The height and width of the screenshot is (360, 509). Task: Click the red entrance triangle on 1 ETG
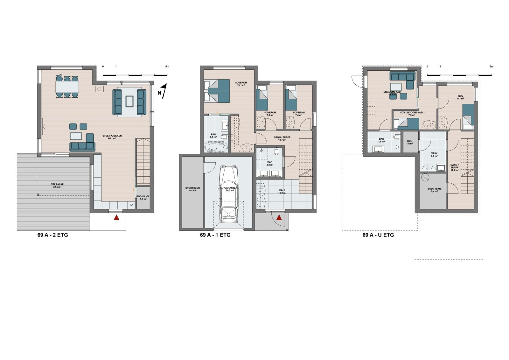[279, 218]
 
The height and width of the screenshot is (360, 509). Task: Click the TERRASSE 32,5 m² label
[57, 186]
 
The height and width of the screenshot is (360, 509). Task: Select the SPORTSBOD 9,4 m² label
[192, 189]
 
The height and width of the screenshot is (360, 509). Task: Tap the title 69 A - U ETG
[378, 235]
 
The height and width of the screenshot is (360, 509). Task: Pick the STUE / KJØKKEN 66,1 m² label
[112, 137]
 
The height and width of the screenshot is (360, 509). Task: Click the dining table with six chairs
[67, 86]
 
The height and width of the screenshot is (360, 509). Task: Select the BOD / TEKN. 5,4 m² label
[434, 190]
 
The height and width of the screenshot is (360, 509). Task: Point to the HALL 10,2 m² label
[282, 192]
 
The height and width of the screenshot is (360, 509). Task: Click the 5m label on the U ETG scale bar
[492, 67]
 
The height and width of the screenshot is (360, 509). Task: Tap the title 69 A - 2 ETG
[52, 235]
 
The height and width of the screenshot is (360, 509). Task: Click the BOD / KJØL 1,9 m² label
[143, 198]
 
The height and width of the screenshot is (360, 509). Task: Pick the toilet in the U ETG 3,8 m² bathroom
[396, 137]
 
